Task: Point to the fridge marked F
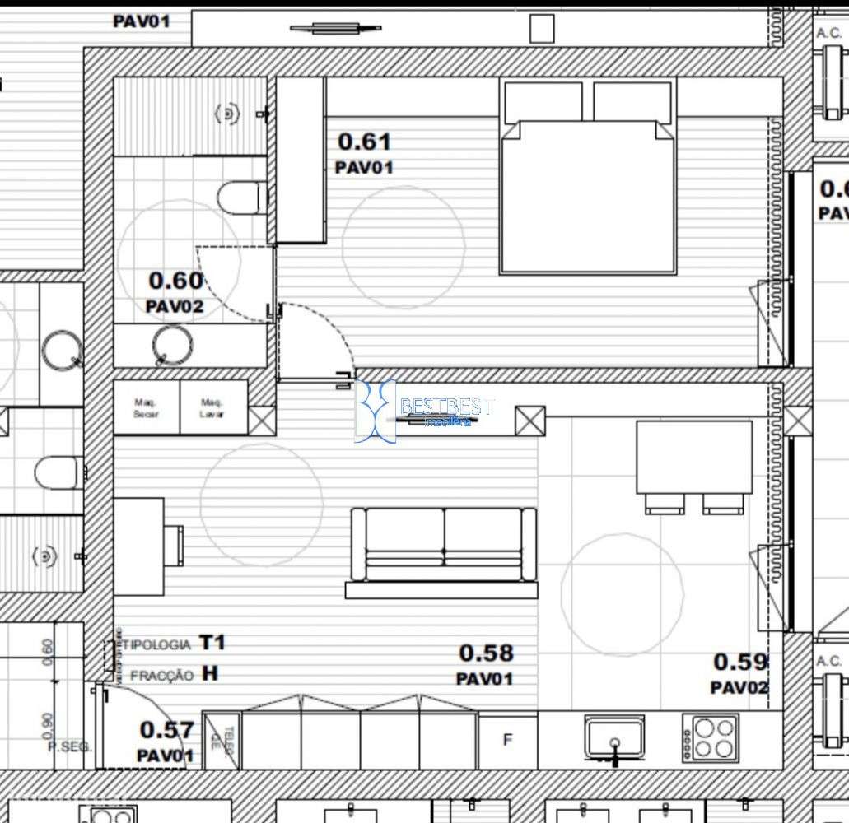(x=507, y=740)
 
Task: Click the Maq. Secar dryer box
(x=147, y=407)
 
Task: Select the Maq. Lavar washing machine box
(x=212, y=407)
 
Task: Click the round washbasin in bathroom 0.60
(x=173, y=344)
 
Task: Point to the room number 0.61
(x=364, y=142)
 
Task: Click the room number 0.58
(x=486, y=653)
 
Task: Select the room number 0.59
(x=740, y=662)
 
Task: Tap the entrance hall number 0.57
(x=166, y=730)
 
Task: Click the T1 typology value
(x=212, y=643)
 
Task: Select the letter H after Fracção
(x=210, y=673)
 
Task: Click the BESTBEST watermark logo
(x=424, y=410)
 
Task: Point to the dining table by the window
(x=693, y=457)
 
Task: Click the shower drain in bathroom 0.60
(x=226, y=114)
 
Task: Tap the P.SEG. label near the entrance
(x=69, y=747)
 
